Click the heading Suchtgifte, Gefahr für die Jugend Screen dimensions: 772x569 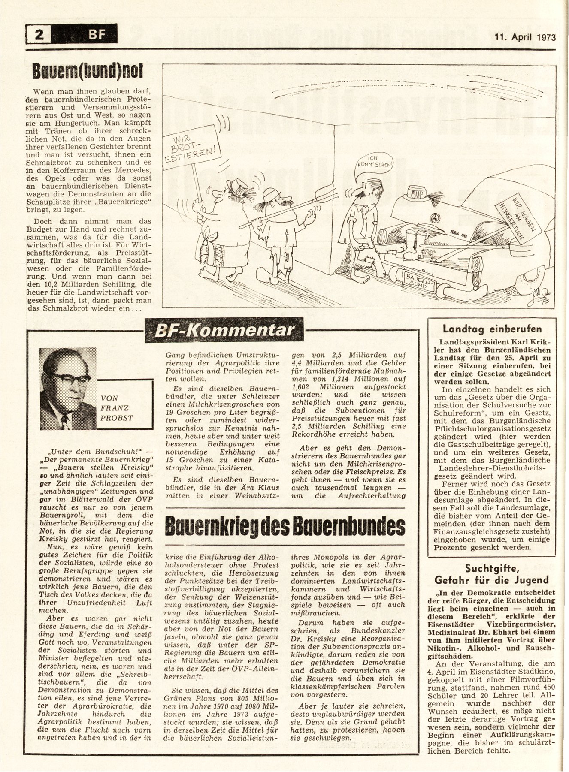[x=492, y=574]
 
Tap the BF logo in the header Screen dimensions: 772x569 [x=97, y=33]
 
